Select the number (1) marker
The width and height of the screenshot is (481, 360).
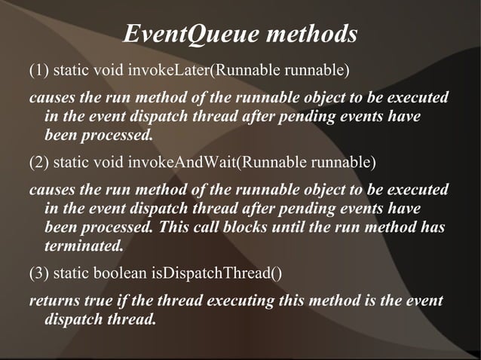[38, 72]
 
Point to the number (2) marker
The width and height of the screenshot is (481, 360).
[38, 162]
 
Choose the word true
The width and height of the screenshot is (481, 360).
[103, 302]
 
